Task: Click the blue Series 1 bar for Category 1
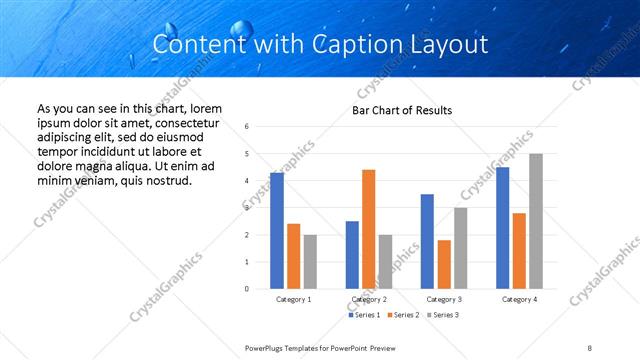(277, 231)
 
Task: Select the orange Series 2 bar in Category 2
(368, 229)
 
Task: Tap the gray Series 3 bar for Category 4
(536, 221)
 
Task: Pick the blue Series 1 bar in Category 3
(427, 241)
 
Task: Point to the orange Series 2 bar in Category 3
(444, 264)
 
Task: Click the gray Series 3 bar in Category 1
(310, 261)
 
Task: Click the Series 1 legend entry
(364, 315)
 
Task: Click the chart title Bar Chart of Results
(402, 110)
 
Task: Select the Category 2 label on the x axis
(368, 299)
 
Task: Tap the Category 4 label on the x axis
(519, 299)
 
